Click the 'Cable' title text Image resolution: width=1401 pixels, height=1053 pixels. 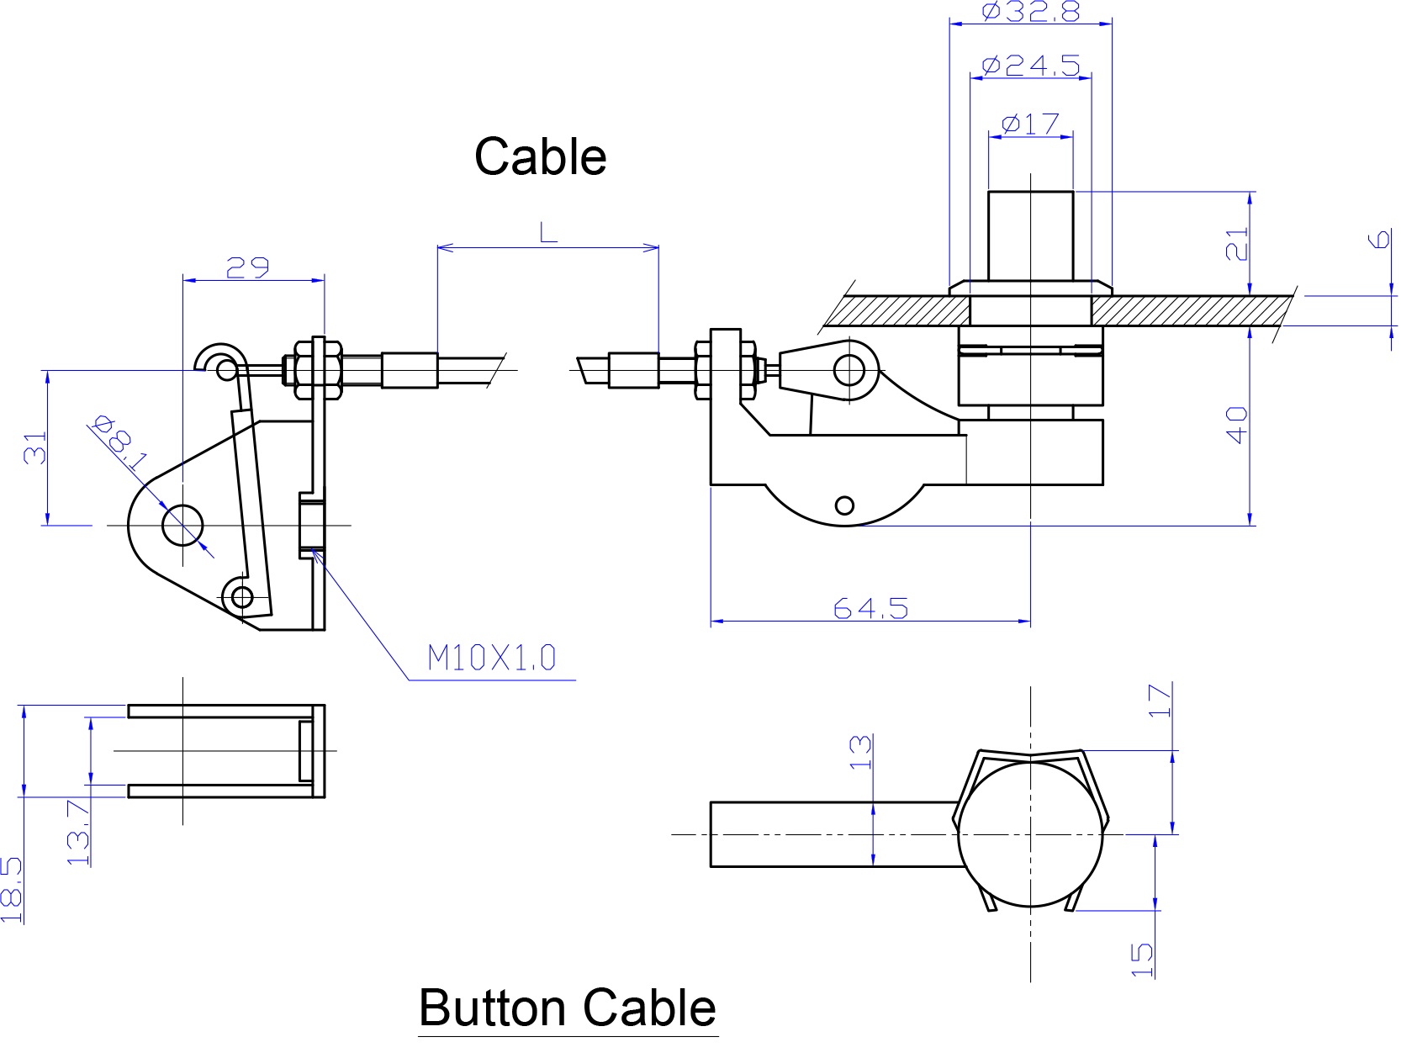[540, 156]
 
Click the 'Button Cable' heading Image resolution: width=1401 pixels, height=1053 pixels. [568, 1008]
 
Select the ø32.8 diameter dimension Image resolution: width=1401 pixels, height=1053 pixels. [1030, 12]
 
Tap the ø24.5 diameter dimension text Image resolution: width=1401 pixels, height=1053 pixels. [1030, 66]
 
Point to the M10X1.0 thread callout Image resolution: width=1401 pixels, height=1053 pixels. [492, 658]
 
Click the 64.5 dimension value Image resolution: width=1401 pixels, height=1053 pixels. [870, 607]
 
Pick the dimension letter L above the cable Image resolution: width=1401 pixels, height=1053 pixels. [548, 232]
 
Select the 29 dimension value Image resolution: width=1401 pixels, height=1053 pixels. [247, 268]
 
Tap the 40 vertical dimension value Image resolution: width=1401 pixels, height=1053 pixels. [1237, 424]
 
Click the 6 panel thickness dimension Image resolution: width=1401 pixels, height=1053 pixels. [1380, 241]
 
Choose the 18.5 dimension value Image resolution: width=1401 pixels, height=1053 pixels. [11, 890]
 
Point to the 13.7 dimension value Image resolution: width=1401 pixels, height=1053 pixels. [78, 833]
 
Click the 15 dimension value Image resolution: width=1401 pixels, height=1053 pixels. [1142, 959]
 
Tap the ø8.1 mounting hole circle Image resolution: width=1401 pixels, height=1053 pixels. [182, 526]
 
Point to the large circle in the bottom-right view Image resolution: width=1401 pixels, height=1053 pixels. [1030, 834]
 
